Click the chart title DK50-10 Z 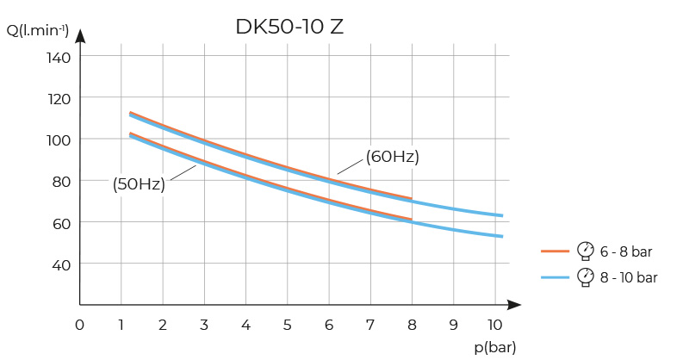pos(289,27)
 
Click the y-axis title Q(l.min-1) pos(38,31)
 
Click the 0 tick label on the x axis pos(79,325)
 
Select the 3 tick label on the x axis pos(204,325)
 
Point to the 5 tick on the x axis pos(288,325)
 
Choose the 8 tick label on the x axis pos(412,325)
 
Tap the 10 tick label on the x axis pos(494,325)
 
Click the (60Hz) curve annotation pos(392,157)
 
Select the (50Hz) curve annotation pos(139,183)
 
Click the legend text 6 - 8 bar pos(626,251)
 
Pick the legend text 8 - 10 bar pos(629,277)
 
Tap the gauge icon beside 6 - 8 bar pos(587,251)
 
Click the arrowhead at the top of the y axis pos(80,36)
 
